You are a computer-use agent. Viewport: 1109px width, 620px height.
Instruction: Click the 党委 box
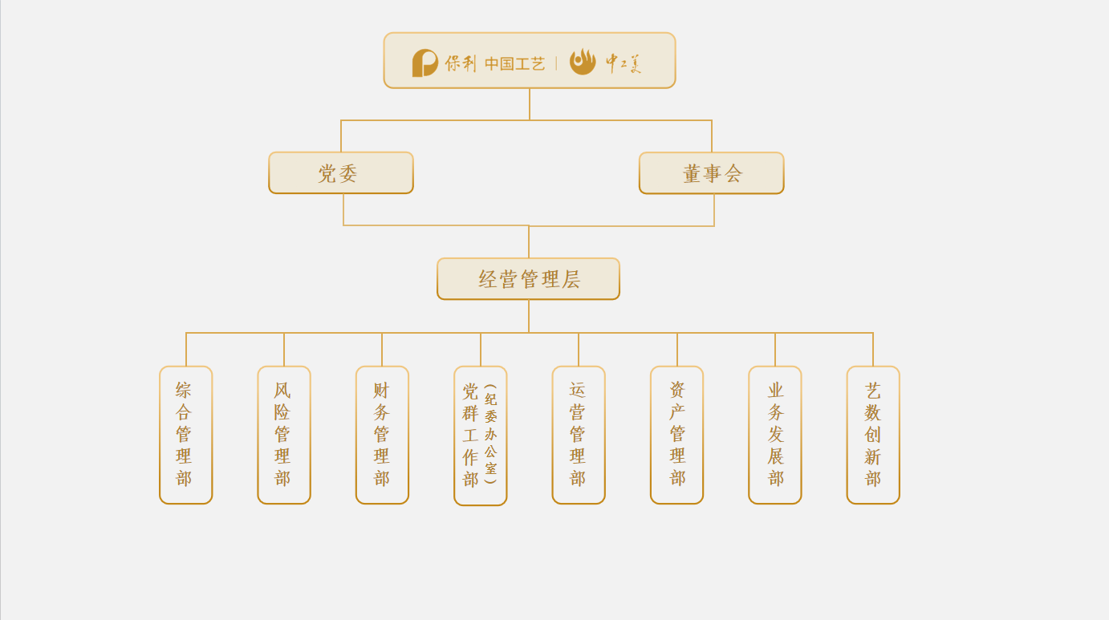coord(341,173)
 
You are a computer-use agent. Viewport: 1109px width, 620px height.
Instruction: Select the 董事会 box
coord(711,173)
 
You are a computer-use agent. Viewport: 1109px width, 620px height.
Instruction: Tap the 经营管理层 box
coord(528,279)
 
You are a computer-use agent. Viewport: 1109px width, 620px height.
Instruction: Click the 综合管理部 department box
coord(185,435)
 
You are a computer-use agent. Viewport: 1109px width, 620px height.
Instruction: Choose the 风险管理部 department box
coord(283,435)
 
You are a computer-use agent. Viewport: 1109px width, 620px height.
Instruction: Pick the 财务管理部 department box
coord(382,435)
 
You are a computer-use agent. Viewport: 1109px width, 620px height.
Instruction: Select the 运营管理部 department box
coord(578,435)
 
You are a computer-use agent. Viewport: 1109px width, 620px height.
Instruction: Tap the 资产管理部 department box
coord(676,435)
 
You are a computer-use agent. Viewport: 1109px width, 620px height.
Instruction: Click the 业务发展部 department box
coord(774,435)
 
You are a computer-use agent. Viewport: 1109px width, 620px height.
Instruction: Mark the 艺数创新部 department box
coord(873,435)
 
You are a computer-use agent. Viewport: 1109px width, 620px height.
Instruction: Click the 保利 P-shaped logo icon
coord(425,63)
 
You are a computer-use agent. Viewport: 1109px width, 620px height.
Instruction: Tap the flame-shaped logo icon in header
coord(583,62)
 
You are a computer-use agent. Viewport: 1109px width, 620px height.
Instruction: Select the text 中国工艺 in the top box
coord(514,63)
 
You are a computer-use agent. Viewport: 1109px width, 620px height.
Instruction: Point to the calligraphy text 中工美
coord(624,63)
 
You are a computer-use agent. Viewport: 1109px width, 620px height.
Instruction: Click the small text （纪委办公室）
coord(491,434)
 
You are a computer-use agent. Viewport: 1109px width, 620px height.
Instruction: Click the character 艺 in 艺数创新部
coord(873,391)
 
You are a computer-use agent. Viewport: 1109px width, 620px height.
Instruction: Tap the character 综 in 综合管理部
coord(185,391)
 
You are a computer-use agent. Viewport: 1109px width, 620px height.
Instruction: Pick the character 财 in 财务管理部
coord(381,391)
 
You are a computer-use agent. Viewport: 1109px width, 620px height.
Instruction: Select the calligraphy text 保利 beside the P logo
coord(461,63)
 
